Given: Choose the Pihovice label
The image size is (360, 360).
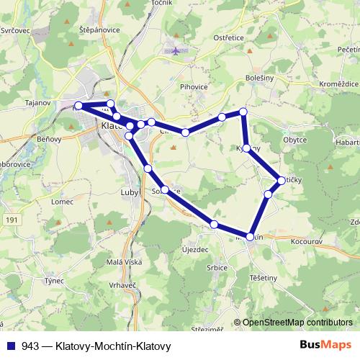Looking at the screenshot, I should (x=194, y=86).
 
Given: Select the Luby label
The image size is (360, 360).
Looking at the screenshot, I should (x=130, y=193).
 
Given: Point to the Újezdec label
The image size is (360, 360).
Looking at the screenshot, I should (x=195, y=249).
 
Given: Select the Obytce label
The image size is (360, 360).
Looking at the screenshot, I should (x=295, y=140).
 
